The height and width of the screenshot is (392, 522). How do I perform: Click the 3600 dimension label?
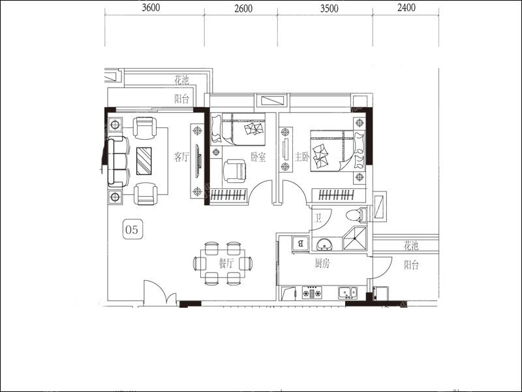[x=151, y=7]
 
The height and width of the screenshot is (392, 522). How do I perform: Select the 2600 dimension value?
[x=243, y=8]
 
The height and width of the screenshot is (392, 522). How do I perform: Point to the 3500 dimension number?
[x=330, y=8]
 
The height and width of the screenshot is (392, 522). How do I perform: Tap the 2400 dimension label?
[x=406, y=7]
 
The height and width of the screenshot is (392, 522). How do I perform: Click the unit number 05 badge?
[x=132, y=229]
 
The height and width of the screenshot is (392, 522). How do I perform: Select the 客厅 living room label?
[x=181, y=157]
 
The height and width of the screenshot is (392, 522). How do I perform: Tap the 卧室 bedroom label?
[x=258, y=157]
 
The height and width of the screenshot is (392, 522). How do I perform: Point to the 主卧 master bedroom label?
[x=301, y=157]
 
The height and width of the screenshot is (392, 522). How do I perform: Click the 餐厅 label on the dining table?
[x=226, y=264]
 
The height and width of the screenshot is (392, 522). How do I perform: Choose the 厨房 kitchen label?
[x=322, y=263]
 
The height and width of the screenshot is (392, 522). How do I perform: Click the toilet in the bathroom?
[x=356, y=214]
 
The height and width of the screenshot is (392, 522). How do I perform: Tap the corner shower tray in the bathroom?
[x=355, y=238]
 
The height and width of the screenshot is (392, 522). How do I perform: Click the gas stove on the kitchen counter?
[x=312, y=292]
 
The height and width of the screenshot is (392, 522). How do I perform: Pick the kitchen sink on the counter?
[x=348, y=293]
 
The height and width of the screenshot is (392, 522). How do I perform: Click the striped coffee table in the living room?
[x=144, y=161]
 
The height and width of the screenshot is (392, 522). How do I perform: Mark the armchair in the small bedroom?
[x=235, y=171]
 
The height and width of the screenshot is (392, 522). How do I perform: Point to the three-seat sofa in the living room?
[x=117, y=161]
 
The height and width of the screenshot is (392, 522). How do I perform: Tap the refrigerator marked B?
[x=300, y=244]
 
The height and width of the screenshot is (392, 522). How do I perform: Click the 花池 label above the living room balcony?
[x=182, y=80]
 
